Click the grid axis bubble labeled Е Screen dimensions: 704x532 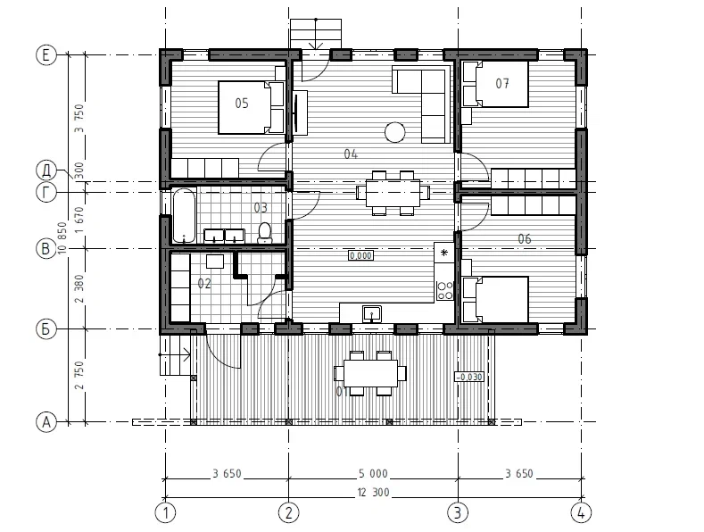point(46,55)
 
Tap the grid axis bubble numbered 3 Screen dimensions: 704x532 point(458,512)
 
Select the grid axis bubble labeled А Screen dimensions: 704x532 point(46,422)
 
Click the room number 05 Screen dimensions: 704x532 point(242,104)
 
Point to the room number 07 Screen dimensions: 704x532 point(502,83)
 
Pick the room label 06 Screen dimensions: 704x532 point(525,239)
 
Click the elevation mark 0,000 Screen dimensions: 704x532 point(360,255)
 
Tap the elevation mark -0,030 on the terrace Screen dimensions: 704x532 point(469,377)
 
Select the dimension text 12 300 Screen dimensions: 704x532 point(373,493)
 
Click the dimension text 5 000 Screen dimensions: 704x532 point(373,474)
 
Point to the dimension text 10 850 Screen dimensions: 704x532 point(62,237)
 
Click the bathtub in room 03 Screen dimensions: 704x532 point(184,215)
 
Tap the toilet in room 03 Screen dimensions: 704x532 point(265,233)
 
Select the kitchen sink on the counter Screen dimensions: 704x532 point(372,313)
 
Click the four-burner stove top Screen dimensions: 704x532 point(445,290)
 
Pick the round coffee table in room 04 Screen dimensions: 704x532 point(394,132)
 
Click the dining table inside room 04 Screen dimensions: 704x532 point(393,193)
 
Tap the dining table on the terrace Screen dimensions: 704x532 point(370,373)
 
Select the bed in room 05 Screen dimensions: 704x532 point(252,107)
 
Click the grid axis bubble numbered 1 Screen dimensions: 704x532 point(165,512)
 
